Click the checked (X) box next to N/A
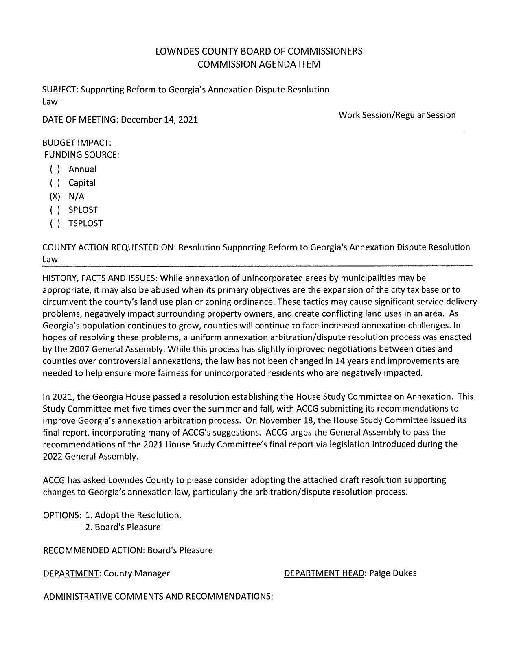point(55,197)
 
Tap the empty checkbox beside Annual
point(55,169)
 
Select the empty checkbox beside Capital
point(55,183)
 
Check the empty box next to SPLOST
point(55,210)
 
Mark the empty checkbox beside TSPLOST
point(55,223)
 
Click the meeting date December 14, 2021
point(159,120)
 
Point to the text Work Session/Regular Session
point(397,115)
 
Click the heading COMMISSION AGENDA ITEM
point(259,64)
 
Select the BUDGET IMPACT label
point(77,143)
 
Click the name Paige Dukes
point(392,573)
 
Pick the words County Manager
point(136,573)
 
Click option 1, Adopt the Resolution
point(133,515)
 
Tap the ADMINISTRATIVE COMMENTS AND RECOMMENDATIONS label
point(158,597)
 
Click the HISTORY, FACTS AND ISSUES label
point(100,278)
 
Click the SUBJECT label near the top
point(60,90)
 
